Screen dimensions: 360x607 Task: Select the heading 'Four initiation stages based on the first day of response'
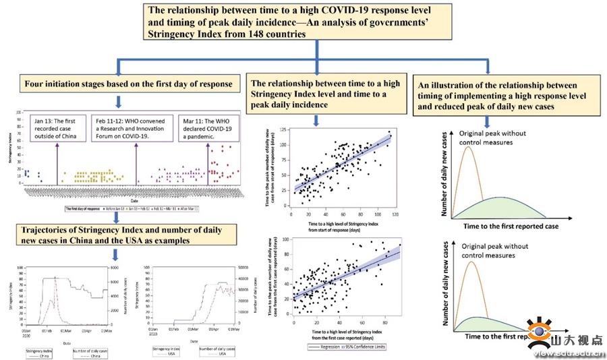[x=129, y=84]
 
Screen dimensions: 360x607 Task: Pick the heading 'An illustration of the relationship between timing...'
[x=499, y=96]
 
